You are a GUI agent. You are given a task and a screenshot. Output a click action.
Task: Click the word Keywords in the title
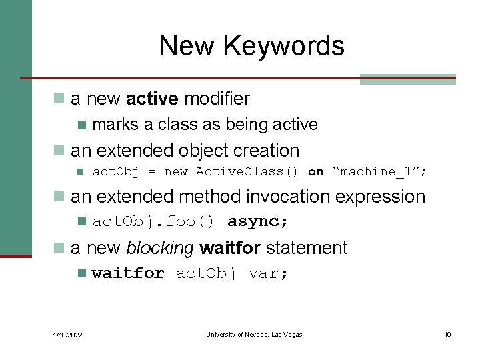284,46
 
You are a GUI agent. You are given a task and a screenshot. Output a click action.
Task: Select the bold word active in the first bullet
152,99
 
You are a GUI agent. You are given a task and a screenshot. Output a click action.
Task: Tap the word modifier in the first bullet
217,99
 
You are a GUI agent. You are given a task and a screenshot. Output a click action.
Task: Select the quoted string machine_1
379,172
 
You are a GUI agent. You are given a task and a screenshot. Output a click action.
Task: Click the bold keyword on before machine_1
315,172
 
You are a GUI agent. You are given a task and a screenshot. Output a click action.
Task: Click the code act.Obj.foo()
153,221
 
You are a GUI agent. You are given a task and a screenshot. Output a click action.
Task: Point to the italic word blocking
159,248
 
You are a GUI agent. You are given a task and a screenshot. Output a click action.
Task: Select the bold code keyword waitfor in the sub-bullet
128,273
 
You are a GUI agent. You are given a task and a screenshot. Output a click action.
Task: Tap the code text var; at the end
269,273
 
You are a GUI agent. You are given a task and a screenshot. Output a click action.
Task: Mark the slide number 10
447,334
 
